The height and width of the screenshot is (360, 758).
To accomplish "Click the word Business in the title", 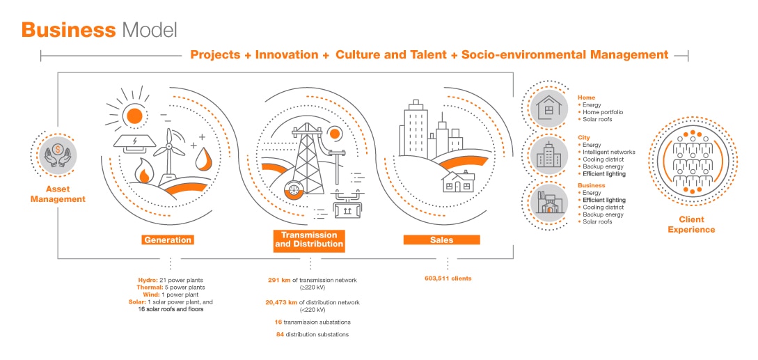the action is pos(69,30).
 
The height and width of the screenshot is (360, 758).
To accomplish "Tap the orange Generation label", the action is pos(168,240).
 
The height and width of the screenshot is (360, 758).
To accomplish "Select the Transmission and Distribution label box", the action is pos(309,240).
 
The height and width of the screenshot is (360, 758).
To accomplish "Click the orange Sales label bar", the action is pos(441,240).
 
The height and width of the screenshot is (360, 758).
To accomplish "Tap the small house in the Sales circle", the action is pos(458,182).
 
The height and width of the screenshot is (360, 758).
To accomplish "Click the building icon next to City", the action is pos(548,155).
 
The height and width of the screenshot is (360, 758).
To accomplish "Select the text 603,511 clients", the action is pos(447,279).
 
